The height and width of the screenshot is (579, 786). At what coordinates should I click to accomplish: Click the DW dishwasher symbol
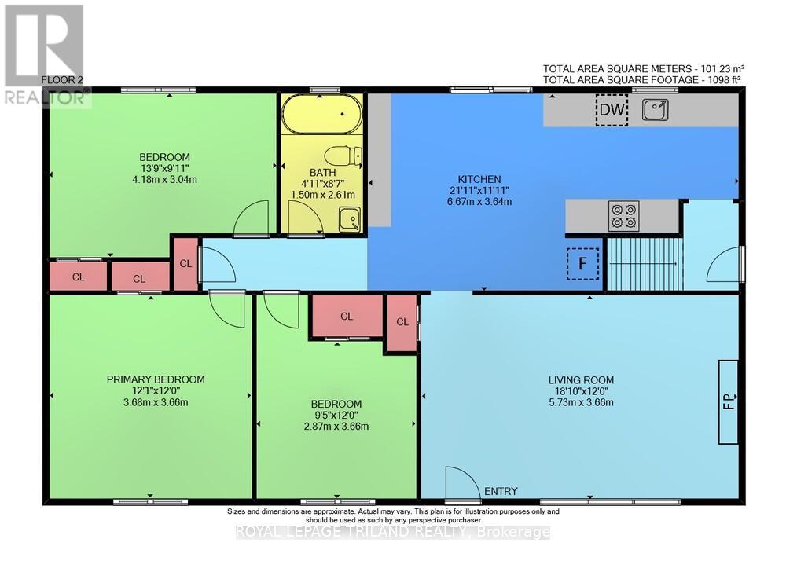pyautogui.click(x=612, y=111)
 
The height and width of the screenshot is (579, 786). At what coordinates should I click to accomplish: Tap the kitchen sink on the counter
pyautogui.click(x=655, y=111)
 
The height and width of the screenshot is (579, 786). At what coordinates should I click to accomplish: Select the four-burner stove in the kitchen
pyautogui.click(x=625, y=216)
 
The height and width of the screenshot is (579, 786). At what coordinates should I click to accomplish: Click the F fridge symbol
pyautogui.click(x=582, y=264)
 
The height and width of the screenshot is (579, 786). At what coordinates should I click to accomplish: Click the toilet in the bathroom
pyautogui.click(x=343, y=156)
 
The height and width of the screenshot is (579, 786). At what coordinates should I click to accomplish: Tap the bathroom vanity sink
pyautogui.click(x=349, y=219)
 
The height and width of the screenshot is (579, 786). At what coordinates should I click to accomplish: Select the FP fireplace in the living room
pyautogui.click(x=728, y=401)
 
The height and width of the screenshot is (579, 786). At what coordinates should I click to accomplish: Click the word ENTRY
pyautogui.click(x=501, y=492)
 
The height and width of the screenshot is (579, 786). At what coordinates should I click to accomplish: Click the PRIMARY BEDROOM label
pyautogui.click(x=156, y=379)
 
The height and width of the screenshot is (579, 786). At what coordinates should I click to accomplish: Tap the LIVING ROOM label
pyautogui.click(x=581, y=379)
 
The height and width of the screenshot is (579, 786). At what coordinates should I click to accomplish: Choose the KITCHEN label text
pyautogui.click(x=479, y=179)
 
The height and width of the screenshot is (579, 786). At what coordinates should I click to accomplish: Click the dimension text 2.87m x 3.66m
pyautogui.click(x=336, y=427)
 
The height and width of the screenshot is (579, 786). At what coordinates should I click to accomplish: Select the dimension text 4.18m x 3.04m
pyautogui.click(x=164, y=179)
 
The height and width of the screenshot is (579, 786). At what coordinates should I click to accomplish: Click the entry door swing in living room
pyautogui.click(x=462, y=482)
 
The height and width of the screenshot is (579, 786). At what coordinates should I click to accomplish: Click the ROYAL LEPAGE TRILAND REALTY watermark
pyautogui.click(x=393, y=532)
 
